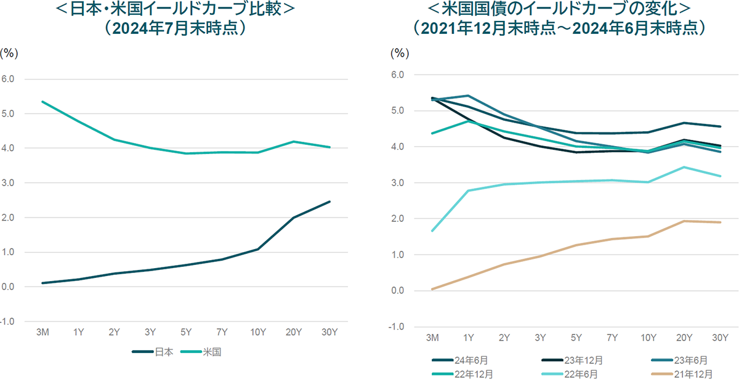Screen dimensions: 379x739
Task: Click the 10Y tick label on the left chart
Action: click(258, 332)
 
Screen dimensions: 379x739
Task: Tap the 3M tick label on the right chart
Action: click(434, 337)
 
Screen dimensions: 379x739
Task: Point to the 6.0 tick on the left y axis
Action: click(12, 79)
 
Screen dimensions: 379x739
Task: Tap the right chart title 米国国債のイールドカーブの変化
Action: click(560, 10)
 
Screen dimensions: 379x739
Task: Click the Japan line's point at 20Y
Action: click(294, 218)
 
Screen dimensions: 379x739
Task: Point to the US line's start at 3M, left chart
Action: click(42, 102)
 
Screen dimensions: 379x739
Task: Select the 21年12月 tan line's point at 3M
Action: click(434, 289)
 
